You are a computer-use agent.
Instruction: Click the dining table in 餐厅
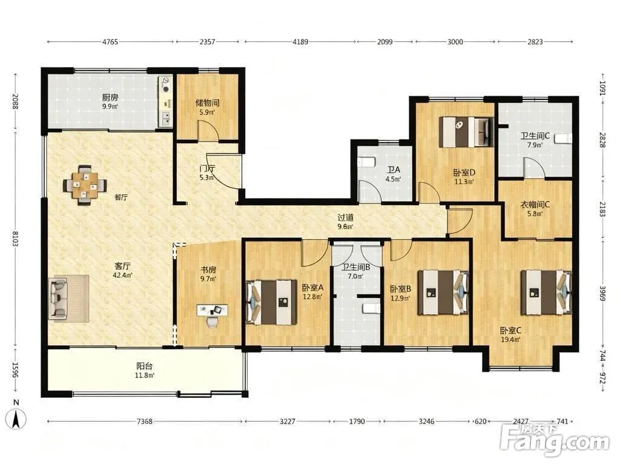[85, 185]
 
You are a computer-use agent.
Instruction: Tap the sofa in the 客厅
[58, 298]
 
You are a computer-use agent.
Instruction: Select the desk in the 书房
[212, 309]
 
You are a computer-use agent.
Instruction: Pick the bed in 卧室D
[467, 131]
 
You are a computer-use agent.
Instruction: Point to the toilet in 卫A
[366, 162]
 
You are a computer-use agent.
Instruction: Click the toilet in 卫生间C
[564, 139]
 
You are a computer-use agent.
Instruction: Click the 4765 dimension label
[110, 42]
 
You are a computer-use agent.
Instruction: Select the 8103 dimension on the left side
[15, 239]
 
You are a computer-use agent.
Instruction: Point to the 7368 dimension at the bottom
[144, 421]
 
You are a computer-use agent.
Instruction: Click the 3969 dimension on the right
[602, 294]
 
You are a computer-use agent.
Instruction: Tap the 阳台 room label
[144, 366]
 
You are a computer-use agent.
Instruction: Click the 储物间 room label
[207, 103]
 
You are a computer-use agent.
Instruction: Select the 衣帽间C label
[534, 205]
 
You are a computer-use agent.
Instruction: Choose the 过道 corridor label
[345, 217]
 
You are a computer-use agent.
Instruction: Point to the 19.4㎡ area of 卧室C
[510, 339]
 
